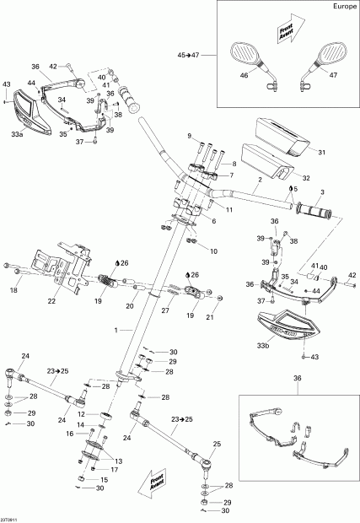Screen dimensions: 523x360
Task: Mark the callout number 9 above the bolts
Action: (191, 137)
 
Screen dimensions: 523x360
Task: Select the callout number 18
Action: (13, 291)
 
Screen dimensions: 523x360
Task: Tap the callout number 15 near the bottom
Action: (104, 480)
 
